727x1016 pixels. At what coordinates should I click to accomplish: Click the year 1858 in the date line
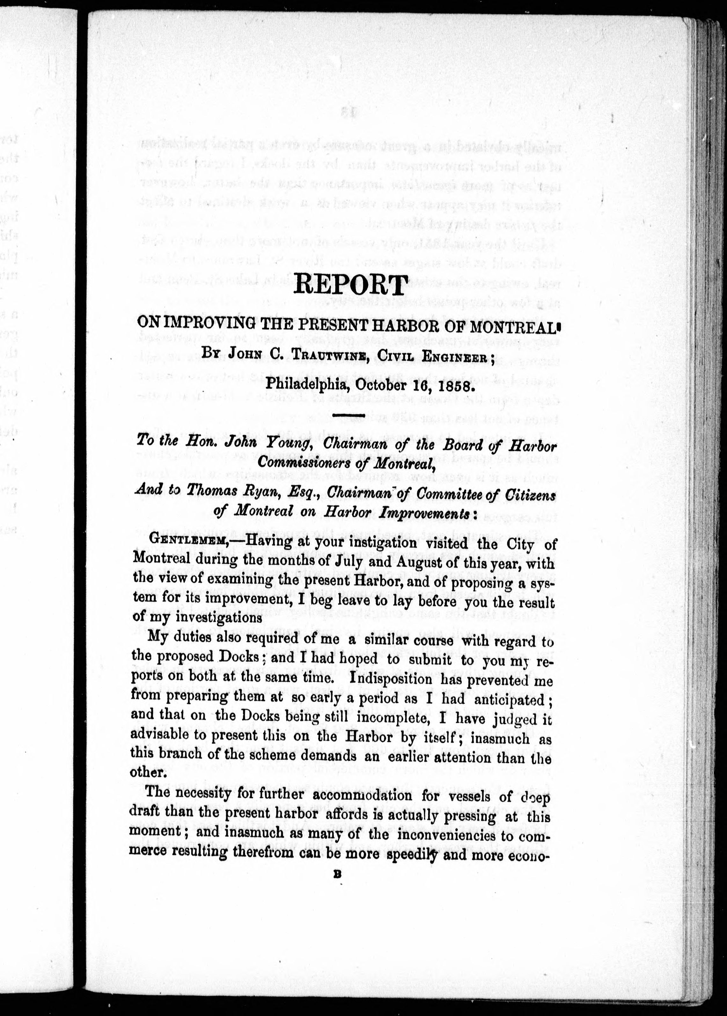[x=448, y=384]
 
